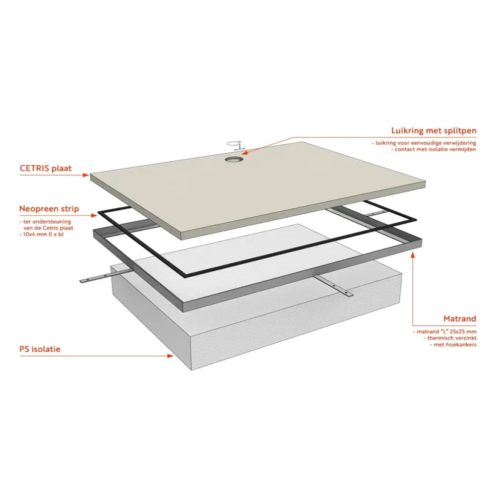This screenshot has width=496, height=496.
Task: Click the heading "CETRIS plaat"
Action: click(46, 168)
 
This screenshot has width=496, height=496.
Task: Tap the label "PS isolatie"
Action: click(40, 349)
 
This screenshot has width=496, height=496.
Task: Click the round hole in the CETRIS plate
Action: click(233, 159)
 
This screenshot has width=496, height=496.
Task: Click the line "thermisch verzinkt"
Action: click(449, 337)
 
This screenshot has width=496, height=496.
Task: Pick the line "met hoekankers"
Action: click(453, 344)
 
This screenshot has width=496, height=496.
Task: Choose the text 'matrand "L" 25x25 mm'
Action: click(444, 331)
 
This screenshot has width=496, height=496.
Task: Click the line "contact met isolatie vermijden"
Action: click(434, 149)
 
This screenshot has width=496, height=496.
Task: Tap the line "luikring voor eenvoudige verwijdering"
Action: click(425, 142)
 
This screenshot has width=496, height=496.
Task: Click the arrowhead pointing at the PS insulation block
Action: click(171, 355)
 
